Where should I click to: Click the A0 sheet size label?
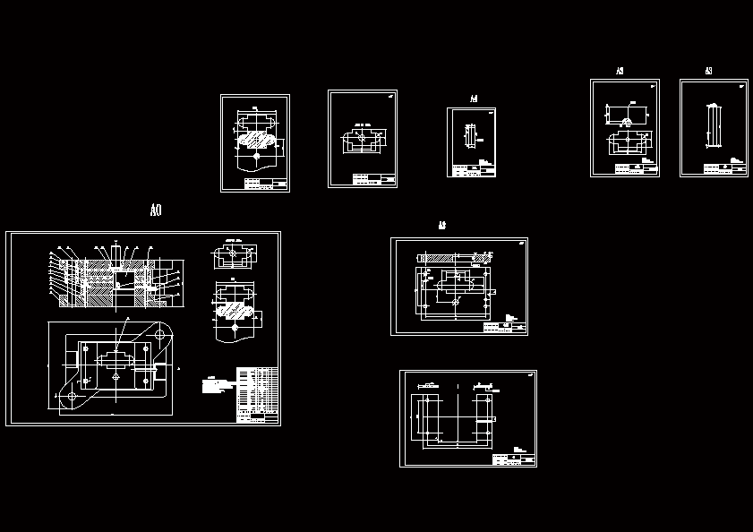click(156, 210)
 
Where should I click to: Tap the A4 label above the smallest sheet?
click(474, 99)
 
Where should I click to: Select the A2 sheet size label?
click(442, 226)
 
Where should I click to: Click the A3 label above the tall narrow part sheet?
click(708, 71)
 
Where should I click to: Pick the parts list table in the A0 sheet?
click(257, 394)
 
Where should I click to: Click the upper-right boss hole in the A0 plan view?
click(162, 333)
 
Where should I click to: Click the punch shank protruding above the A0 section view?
click(116, 250)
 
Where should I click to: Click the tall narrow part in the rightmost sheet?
click(714, 124)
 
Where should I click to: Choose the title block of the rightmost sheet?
click(724, 167)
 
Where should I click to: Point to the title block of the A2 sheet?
click(504, 327)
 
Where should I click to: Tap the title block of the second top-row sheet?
click(374, 179)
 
